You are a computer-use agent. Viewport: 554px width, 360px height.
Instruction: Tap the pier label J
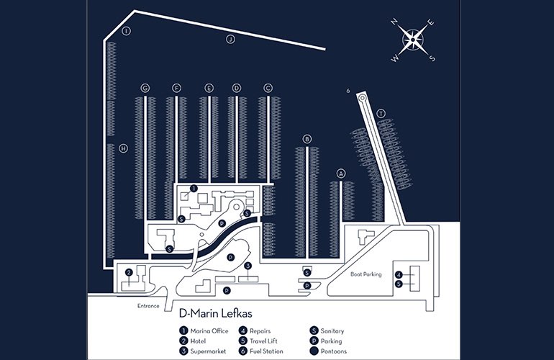(x=231, y=39)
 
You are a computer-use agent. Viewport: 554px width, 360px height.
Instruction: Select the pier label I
(x=127, y=31)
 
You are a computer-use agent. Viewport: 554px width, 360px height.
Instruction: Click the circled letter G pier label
(x=145, y=88)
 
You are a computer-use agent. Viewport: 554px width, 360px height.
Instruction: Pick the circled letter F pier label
(x=176, y=88)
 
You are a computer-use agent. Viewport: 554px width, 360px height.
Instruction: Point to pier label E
(x=209, y=88)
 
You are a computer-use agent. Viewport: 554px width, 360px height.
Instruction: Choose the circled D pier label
(x=236, y=88)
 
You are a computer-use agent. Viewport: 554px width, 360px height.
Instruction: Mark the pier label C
(x=268, y=88)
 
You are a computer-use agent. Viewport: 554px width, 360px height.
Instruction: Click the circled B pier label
(x=307, y=139)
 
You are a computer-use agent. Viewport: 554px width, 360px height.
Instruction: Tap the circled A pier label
(x=341, y=173)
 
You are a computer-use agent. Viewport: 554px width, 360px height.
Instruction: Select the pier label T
(x=381, y=113)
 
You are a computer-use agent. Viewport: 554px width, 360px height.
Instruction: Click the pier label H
(x=124, y=148)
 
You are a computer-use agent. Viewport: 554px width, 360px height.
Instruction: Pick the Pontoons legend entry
(x=330, y=351)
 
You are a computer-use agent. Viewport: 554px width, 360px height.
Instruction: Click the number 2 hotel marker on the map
(x=129, y=272)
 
